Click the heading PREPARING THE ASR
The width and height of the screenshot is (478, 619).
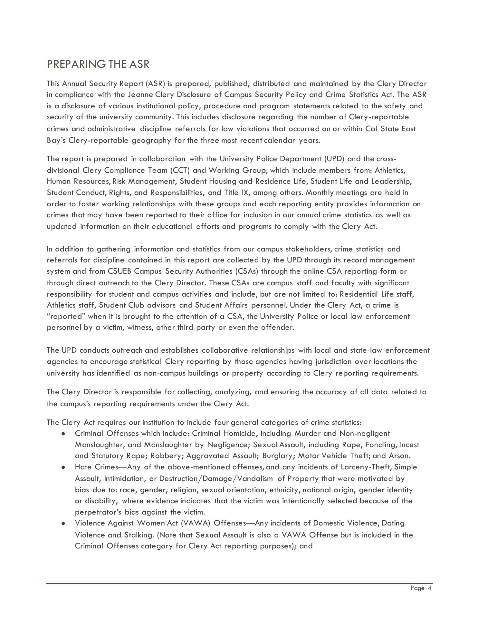pos(98,64)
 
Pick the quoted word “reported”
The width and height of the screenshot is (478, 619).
pos(66,317)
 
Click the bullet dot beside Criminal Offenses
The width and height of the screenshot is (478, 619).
pos(63,434)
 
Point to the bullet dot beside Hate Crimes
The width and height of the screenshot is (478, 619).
pos(63,467)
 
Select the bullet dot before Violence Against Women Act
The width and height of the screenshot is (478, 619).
pos(63,523)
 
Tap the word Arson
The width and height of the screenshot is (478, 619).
pos(399,456)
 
